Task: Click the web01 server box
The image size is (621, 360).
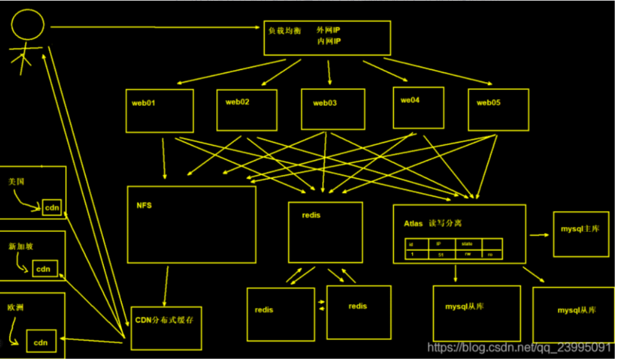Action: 159,111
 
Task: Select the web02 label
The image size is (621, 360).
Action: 238,102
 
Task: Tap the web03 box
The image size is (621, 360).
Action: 333,109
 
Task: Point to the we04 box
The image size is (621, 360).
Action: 418,107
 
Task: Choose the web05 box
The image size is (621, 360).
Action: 498,109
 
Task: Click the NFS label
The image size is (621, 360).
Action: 144,205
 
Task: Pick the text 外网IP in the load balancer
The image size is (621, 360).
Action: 329,30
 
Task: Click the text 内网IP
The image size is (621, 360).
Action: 329,41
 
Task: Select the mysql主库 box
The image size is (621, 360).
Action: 581,234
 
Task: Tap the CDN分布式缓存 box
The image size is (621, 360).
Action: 166,327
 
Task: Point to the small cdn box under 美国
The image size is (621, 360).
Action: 52,207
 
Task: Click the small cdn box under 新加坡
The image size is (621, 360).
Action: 43,269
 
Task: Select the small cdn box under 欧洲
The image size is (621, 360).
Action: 41,342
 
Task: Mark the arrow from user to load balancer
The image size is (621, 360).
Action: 156,27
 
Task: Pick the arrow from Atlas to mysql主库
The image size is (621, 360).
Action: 539,236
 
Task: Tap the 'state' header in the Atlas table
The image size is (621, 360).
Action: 467,244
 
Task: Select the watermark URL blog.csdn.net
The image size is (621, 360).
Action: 518,347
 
